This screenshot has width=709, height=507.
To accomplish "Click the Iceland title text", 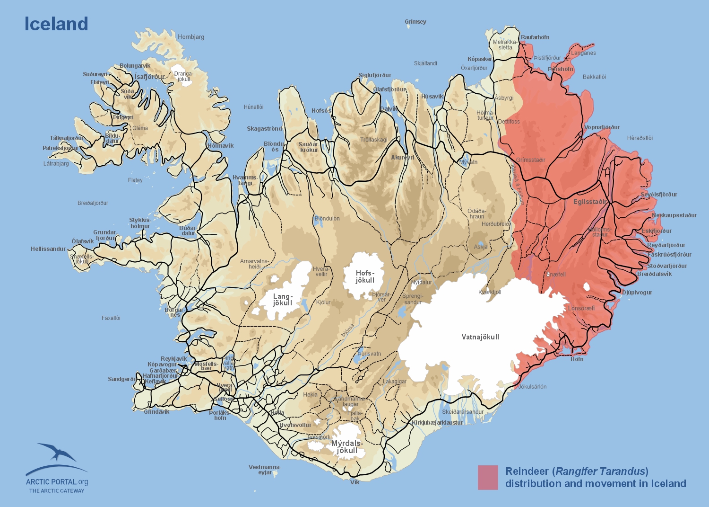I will tap(56, 24).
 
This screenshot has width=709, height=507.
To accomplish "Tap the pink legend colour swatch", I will tap(488, 477).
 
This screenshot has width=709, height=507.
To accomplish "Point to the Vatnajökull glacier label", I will tap(480, 337).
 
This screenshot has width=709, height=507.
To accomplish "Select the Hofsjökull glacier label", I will tap(365, 276).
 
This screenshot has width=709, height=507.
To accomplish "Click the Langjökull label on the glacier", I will tap(283, 300).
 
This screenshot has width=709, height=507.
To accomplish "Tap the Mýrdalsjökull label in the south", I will tap(347, 447).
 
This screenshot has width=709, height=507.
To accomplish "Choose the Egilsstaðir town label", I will tap(590, 202).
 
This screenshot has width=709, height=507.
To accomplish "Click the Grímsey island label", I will tap(415, 22).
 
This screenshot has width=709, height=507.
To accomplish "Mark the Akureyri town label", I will tap(402, 158).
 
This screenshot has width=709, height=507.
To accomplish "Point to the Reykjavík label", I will tap(173, 359).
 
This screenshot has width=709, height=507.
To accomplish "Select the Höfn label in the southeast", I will tap(577, 359).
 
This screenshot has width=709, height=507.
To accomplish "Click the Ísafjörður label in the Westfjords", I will tap(150, 77).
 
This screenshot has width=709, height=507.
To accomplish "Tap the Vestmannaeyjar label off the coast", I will tap(265, 470).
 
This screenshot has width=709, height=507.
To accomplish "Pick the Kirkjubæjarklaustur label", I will tap(437, 423).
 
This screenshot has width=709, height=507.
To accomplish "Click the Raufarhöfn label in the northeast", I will tap(535, 37).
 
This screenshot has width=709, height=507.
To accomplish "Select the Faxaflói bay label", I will tap(111, 318).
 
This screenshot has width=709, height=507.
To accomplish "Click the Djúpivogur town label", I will tap(637, 293).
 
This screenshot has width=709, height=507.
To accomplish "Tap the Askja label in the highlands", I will tap(480, 247).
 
